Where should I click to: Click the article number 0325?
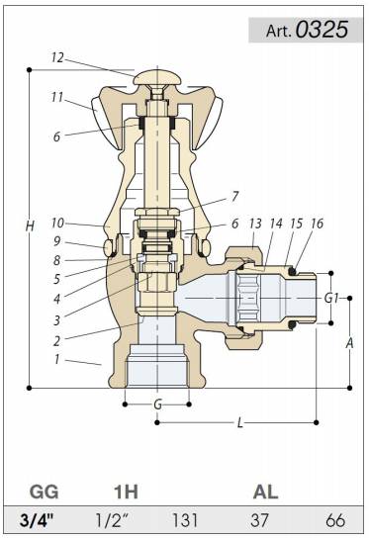(322, 30)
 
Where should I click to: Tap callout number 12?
(57, 57)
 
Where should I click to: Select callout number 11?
(57, 97)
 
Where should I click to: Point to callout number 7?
(234, 196)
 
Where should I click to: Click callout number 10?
(57, 223)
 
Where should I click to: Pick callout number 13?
(255, 224)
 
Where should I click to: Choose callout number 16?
(317, 224)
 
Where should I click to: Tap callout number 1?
(56, 359)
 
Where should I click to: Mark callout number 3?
(56, 320)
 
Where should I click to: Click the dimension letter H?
(30, 226)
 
